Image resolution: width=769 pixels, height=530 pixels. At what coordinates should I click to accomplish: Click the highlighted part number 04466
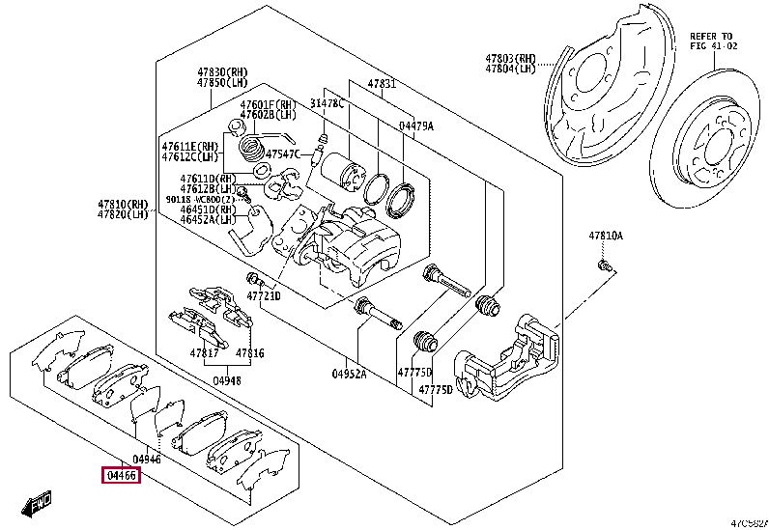tap(122, 475)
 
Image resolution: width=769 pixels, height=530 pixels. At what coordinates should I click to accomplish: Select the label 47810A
tap(607, 236)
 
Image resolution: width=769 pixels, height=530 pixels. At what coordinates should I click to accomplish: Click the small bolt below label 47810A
tap(603, 263)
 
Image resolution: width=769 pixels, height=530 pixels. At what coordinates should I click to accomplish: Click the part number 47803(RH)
tap(510, 58)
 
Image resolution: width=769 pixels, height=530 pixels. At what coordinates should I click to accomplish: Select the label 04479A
tap(416, 126)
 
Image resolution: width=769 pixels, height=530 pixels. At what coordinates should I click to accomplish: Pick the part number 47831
tap(382, 84)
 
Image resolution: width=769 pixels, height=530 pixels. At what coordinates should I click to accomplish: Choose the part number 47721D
tap(263, 295)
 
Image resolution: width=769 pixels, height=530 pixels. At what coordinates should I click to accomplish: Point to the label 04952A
tap(350, 373)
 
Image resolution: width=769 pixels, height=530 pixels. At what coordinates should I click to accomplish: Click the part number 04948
tap(227, 381)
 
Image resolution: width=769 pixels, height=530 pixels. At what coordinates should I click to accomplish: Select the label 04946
tap(147, 459)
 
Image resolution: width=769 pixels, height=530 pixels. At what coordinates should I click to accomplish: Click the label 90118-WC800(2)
tap(199, 199)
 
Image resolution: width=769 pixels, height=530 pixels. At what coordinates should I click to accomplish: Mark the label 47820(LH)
tap(123, 215)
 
